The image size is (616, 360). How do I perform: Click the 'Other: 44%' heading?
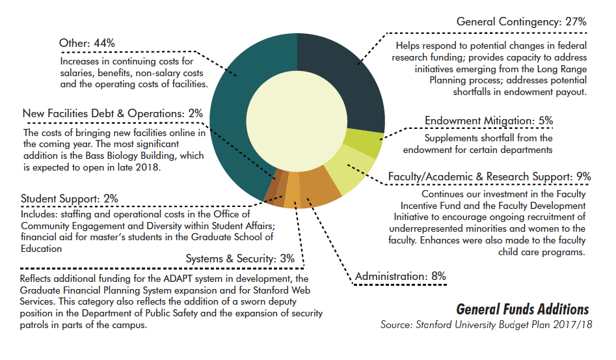[x=87, y=43]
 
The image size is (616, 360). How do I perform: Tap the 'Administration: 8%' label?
[x=400, y=276]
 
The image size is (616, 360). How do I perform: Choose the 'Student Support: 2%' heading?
[x=70, y=199]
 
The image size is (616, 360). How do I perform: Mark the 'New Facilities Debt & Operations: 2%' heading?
[x=113, y=113]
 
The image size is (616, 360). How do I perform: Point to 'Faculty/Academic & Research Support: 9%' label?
[x=489, y=176]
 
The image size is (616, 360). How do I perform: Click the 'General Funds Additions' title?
[x=522, y=309]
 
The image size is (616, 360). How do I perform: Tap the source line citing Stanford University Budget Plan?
[x=487, y=325]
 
